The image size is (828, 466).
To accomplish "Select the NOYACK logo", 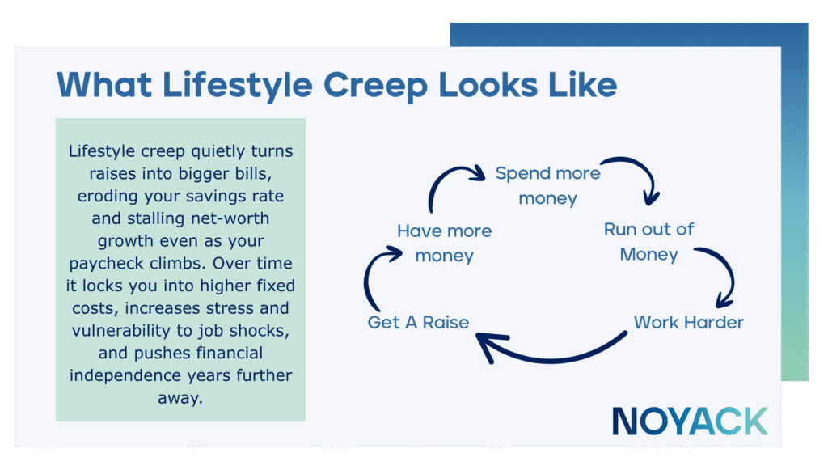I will (689, 422).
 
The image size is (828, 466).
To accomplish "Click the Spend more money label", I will (547, 185).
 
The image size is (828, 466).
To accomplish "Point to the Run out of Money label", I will (648, 241).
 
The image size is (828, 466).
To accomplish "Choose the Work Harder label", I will (688, 322).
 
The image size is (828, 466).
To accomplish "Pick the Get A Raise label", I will (418, 322).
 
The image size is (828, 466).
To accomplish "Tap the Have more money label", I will (444, 243).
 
